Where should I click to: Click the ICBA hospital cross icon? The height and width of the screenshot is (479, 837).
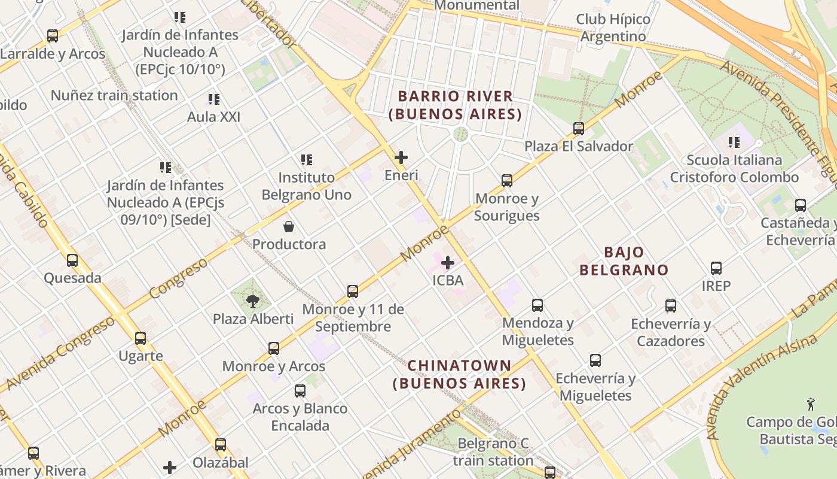(447, 262)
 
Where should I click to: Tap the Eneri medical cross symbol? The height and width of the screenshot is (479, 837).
(401, 157)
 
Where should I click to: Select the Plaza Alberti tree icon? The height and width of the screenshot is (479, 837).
(253, 301)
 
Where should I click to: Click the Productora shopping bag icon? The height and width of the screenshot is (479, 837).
(289, 226)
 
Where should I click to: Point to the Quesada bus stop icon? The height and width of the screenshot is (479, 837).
(72, 260)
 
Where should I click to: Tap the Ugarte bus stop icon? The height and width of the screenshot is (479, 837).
(140, 338)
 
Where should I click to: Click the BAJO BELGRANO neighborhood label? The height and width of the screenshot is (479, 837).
(624, 261)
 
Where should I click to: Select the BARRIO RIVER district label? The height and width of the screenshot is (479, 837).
(455, 105)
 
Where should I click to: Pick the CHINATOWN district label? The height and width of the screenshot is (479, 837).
(459, 374)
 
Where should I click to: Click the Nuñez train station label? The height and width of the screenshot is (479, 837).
(114, 95)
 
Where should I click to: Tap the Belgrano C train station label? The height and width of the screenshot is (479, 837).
(493, 452)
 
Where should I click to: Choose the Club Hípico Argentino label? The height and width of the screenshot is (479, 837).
(613, 28)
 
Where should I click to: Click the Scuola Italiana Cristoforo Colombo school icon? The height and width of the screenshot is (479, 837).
(734, 143)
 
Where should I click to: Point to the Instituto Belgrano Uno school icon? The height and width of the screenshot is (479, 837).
(307, 160)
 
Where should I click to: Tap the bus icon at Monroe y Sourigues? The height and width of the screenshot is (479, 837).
(507, 180)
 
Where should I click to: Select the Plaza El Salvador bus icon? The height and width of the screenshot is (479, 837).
(578, 128)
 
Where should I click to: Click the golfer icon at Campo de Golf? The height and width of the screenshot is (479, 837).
(811, 404)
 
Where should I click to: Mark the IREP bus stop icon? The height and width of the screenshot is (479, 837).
(716, 268)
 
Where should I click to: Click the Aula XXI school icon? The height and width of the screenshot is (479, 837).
(213, 99)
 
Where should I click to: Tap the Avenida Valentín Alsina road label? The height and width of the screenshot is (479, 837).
(762, 386)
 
